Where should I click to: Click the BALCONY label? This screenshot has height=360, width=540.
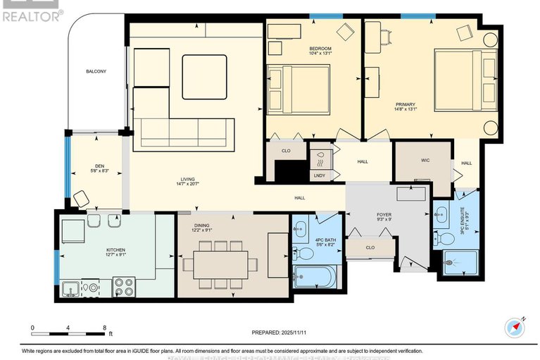coord(96,72)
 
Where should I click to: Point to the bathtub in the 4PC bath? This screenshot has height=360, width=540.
coord(315,277)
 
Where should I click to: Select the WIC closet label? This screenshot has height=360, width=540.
coord(425,161)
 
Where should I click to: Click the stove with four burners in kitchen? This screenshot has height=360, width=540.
coord(124,287)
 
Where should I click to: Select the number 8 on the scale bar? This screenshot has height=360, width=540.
coord(105,328)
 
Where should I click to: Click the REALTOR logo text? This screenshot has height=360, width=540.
coord(31,15)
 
